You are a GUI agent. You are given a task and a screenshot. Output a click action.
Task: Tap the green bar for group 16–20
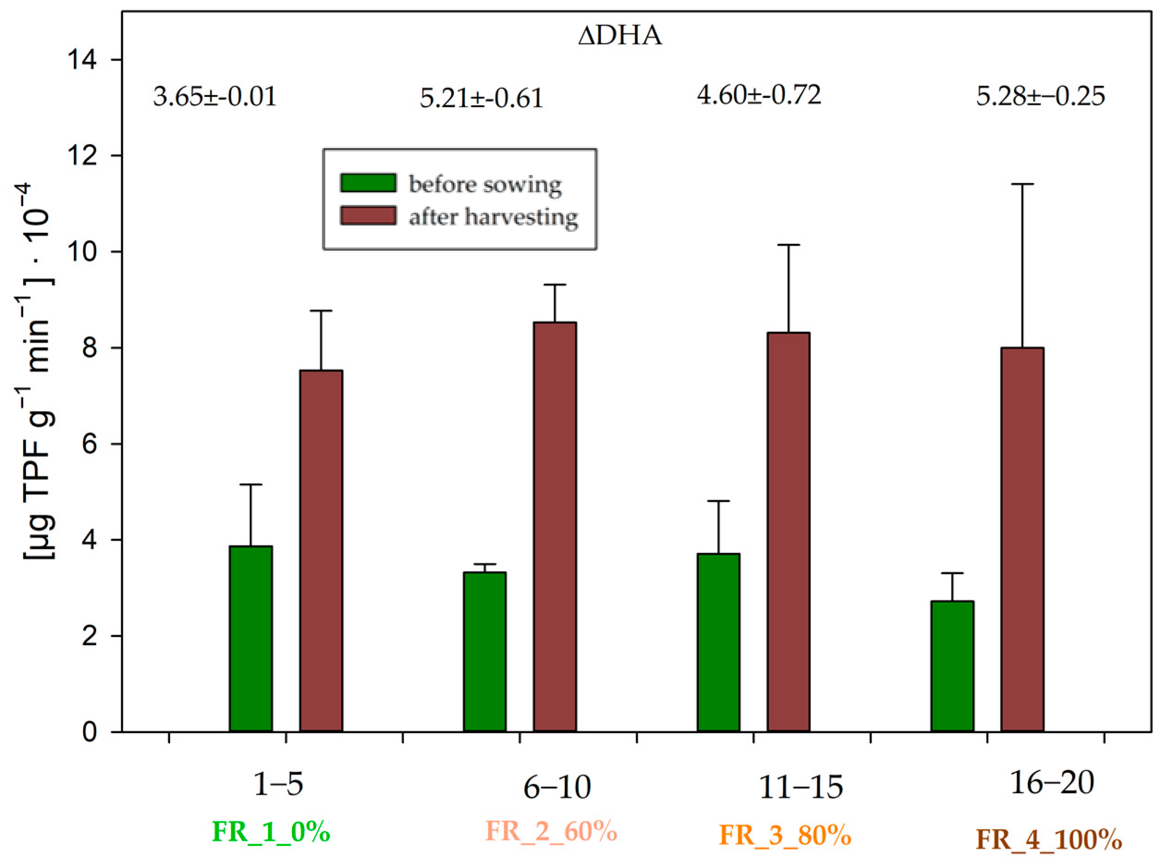coord(952,666)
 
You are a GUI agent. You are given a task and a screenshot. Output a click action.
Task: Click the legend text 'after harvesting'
coord(493,216)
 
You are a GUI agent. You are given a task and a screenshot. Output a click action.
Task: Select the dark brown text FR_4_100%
coord(1049,839)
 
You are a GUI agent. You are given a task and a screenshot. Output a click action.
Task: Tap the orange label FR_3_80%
coord(784,835)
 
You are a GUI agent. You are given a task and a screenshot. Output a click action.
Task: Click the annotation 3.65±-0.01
coord(215,97)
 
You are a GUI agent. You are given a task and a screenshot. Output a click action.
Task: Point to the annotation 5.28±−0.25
coord(1040,97)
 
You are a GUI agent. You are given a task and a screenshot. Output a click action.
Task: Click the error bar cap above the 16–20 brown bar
coord(1022,184)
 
